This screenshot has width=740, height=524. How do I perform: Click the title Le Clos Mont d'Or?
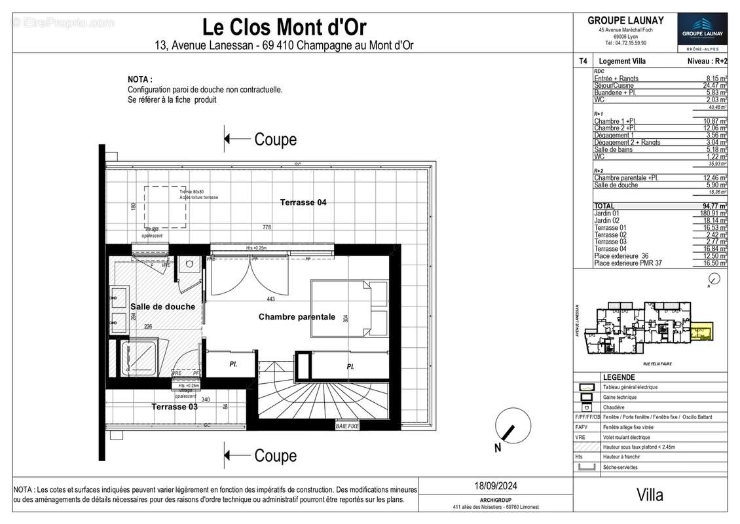[284, 27]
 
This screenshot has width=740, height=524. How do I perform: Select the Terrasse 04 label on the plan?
[303, 202]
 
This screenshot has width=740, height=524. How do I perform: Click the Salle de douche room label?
[162, 307]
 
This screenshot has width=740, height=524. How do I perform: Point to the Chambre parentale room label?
[297, 317]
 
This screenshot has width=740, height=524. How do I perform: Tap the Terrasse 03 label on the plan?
[174, 406]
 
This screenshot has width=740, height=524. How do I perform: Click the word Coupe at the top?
[275, 140]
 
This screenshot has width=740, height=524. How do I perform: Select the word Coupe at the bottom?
[275, 456]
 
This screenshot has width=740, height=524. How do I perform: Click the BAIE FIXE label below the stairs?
[347, 426]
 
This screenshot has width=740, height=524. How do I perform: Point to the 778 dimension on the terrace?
[267, 227]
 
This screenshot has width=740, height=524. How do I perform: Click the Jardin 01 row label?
[606, 213]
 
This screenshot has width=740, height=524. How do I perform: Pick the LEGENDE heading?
[618, 377]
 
